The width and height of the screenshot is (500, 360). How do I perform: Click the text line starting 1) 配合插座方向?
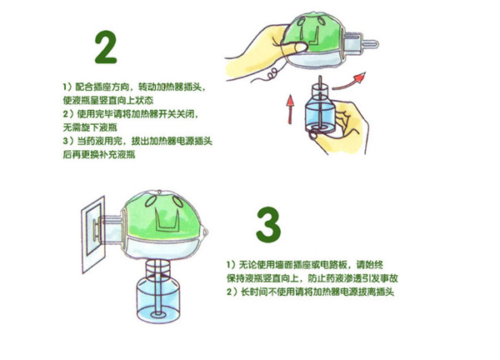pos(132,87)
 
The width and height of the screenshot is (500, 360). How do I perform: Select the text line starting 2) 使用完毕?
pos(129,112)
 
